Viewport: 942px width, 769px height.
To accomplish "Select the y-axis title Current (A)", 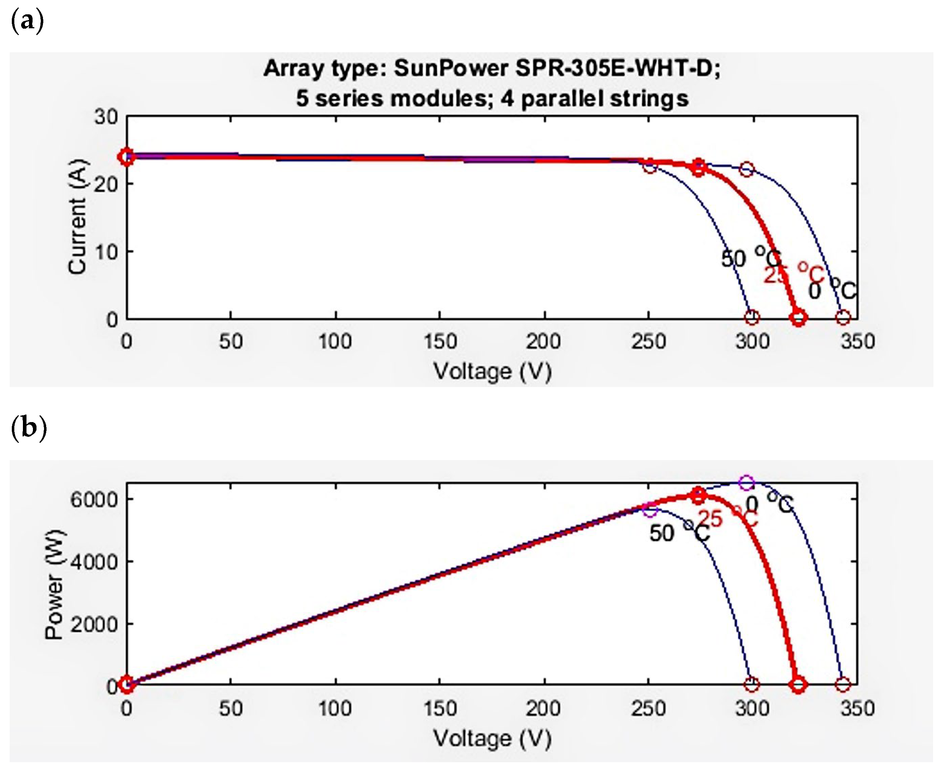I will click(x=78, y=217).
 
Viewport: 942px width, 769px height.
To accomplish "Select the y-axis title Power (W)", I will click(x=55, y=584).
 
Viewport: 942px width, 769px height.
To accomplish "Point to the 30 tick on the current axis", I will click(x=106, y=117).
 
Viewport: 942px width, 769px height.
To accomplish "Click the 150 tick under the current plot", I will click(x=440, y=342).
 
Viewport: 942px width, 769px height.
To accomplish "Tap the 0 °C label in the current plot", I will click(x=832, y=290).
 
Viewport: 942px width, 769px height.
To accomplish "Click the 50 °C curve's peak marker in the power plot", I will click(x=650, y=510).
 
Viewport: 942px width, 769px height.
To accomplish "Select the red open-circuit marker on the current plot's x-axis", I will click(x=798, y=318).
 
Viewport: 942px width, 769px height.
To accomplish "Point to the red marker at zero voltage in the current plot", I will click(x=127, y=156).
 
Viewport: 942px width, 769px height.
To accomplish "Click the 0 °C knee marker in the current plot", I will click(x=747, y=169).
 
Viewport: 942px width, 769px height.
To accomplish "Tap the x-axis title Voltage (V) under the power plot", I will click(x=492, y=738).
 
